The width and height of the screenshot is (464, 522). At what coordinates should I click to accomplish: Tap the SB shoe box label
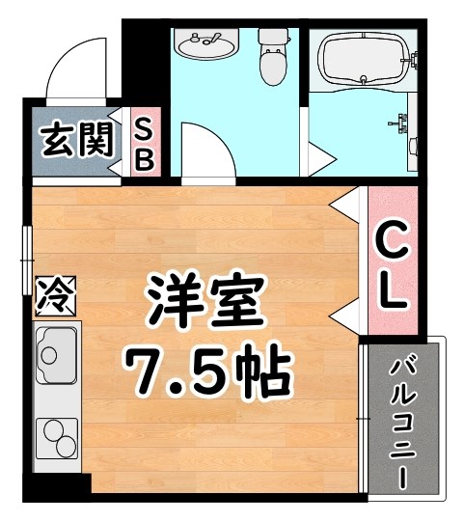143,143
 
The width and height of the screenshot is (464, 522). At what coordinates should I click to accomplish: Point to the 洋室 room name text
205,303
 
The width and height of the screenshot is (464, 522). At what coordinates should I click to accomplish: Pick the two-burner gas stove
56,439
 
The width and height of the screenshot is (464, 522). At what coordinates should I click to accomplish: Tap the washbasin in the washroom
205,44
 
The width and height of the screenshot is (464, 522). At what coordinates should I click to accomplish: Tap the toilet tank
273,37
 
